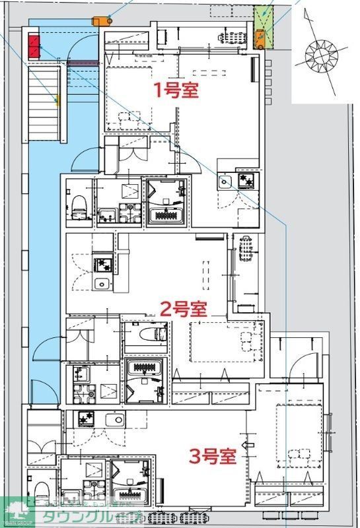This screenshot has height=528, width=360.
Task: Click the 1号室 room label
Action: click(x=176, y=90)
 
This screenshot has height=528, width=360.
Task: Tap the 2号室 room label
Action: click(x=184, y=308)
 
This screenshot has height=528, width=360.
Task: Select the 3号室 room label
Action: click(x=213, y=456)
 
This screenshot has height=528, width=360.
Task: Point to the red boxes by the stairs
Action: click(x=34, y=47)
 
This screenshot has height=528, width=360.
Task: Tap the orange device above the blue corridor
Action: click(x=101, y=20)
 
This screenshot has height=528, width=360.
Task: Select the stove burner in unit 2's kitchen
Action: click(x=102, y=265)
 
